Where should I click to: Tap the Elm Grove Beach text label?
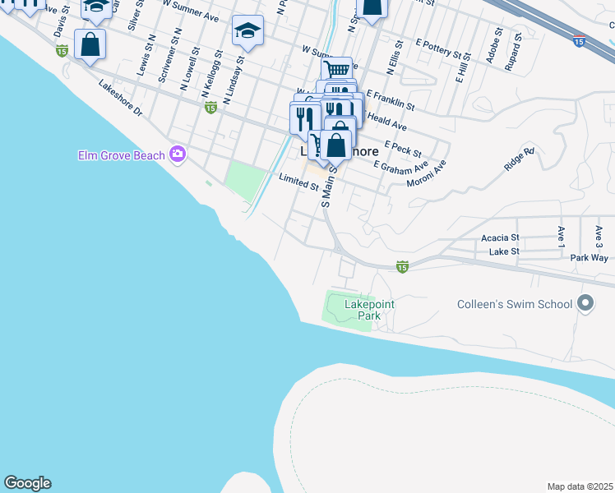click(x=122, y=154)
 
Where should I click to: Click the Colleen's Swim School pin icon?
click(x=585, y=304)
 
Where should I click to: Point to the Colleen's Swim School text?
click(x=515, y=304)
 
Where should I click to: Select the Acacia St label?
click(x=500, y=237)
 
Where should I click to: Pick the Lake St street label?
click(x=504, y=251)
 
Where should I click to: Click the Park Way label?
click(x=589, y=257)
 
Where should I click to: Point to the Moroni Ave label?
click(x=426, y=173)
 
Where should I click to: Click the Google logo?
click(x=27, y=483)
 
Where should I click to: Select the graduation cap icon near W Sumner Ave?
click(x=247, y=30)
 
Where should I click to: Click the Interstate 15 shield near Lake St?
click(x=402, y=266)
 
